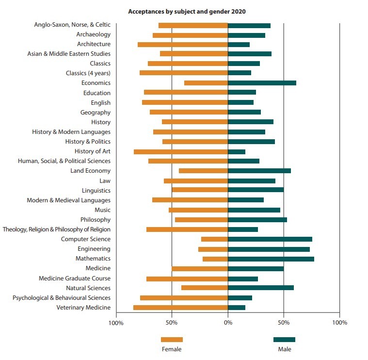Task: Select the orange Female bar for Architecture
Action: coord(183,44)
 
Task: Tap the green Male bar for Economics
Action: coord(262,83)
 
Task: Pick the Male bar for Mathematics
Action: coord(271,259)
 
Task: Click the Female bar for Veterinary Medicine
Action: coord(180,308)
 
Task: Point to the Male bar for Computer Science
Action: coord(270,239)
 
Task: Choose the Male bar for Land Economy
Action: coord(259,171)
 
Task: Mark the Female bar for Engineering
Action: coord(213,249)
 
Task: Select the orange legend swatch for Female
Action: coord(172,340)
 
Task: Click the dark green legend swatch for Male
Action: coord(284,340)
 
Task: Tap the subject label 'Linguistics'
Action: coord(96,191)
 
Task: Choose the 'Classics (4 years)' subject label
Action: coord(88,73)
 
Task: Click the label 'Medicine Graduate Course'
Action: coord(75,278)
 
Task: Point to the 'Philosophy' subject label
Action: coord(95,220)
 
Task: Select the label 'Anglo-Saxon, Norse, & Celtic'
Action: coord(72,25)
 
